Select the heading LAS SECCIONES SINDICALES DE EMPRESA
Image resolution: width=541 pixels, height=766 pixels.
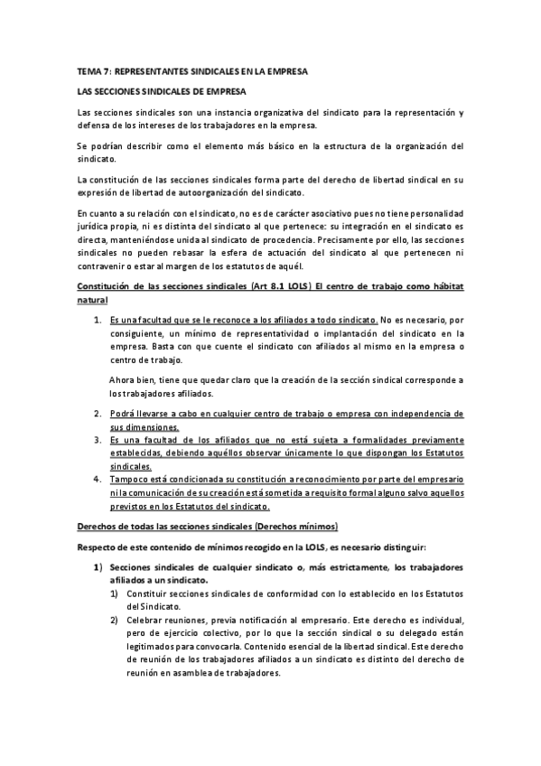point(160,91)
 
